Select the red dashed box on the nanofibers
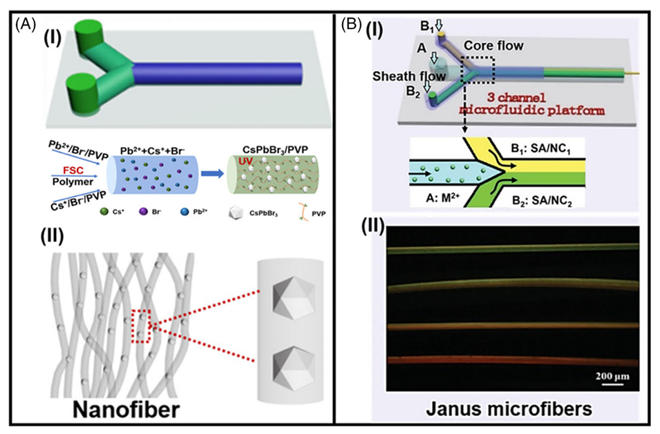coord(141,326)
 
